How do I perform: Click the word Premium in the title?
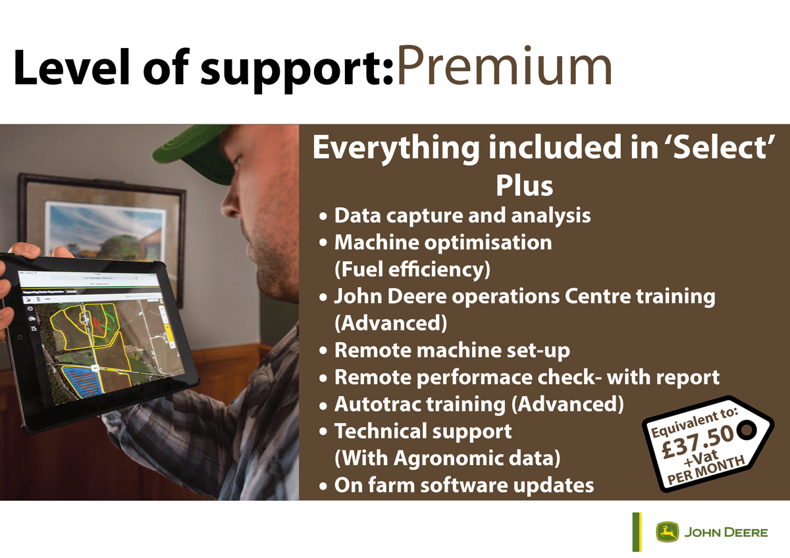click(504, 66)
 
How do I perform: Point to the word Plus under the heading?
click(525, 186)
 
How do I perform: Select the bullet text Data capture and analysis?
click(462, 216)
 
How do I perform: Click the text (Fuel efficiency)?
click(412, 270)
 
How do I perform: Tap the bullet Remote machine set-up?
click(452, 350)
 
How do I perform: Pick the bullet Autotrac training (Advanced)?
click(479, 404)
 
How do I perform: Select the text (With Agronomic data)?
click(447, 458)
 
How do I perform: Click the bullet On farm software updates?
click(464, 485)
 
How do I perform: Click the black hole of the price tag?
click(747, 429)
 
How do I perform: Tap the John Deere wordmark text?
click(726, 532)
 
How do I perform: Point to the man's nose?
click(229, 205)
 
